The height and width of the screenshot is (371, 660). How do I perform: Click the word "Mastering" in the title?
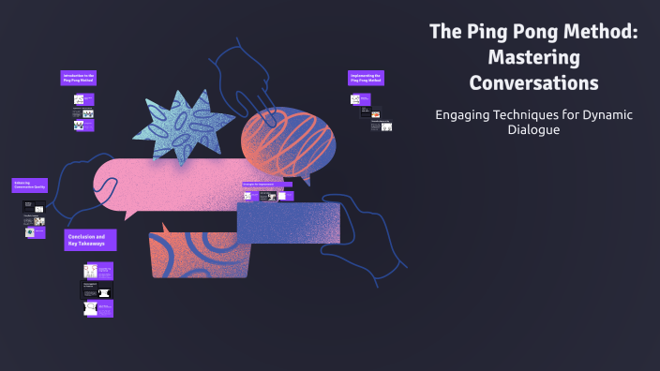click(533, 57)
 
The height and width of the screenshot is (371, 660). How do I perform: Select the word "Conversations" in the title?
click(533, 82)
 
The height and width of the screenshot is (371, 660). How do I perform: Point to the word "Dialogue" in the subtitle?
click(533, 130)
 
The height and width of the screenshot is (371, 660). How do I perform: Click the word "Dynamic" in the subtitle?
click(607, 114)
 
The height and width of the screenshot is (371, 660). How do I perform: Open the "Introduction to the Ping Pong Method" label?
click(79, 78)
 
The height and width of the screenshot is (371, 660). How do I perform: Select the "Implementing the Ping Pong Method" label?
click(366, 78)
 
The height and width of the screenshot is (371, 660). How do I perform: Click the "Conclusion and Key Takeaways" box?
click(91, 240)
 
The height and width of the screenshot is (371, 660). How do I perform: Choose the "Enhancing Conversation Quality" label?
click(28, 185)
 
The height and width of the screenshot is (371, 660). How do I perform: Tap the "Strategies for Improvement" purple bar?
click(267, 184)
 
